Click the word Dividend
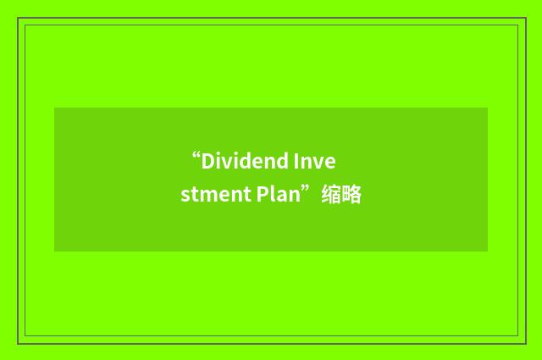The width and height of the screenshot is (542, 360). tap(246, 161)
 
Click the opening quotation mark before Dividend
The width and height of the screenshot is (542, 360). tap(196, 157)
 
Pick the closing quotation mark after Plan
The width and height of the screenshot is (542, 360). tap(311, 191)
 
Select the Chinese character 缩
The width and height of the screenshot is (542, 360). tap(331, 196)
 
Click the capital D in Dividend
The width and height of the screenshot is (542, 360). tap(207, 161)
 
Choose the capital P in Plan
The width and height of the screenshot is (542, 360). tap(252, 196)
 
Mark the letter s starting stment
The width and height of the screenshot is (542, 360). tap(184, 197)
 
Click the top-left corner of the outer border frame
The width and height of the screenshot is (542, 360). tap(18, 18)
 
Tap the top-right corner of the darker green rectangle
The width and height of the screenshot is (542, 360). tap(487, 108)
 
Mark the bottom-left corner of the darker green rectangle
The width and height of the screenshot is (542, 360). tap(54, 251)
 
